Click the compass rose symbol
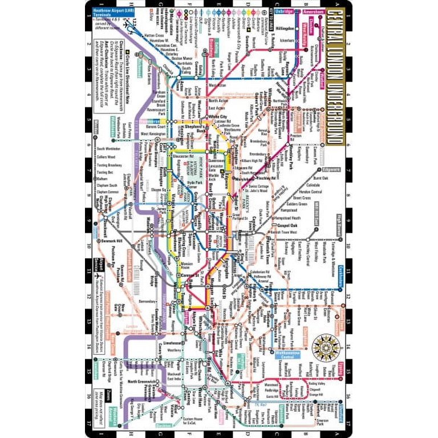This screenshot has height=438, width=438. (x=326, y=344)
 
